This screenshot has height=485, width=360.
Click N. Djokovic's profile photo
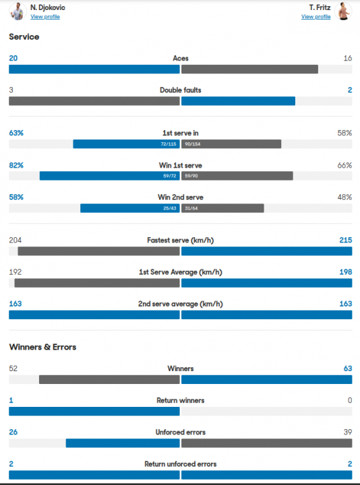(x=18, y=11)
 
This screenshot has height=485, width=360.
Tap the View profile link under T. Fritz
(x=316, y=17)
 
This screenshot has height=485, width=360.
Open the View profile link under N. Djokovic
(x=45, y=17)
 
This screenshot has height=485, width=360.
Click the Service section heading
(x=24, y=37)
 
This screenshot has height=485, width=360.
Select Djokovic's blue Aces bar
(x=94, y=69)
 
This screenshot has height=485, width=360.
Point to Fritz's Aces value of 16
(x=348, y=58)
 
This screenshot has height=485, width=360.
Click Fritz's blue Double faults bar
(x=238, y=101)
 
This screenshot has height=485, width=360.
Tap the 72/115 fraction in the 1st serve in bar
(x=169, y=144)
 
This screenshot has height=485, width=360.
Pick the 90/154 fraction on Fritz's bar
(x=193, y=144)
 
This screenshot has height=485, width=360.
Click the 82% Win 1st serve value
(x=16, y=165)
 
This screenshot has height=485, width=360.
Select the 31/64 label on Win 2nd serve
(x=191, y=208)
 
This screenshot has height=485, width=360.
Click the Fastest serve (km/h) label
(x=181, y=240)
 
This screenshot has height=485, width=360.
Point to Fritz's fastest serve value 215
(x=346, y=240)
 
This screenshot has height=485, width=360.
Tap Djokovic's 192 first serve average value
(x=15, y=272)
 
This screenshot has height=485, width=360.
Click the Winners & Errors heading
(x=42, y=347)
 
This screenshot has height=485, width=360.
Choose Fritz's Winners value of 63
(x=348, y=368)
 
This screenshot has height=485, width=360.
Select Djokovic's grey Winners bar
(x=109, y=379)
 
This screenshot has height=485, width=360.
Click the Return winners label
(x=181, y=400)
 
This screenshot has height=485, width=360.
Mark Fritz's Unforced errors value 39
(x=348, y=432)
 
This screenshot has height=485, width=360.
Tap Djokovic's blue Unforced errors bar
(x=123, y=443)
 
